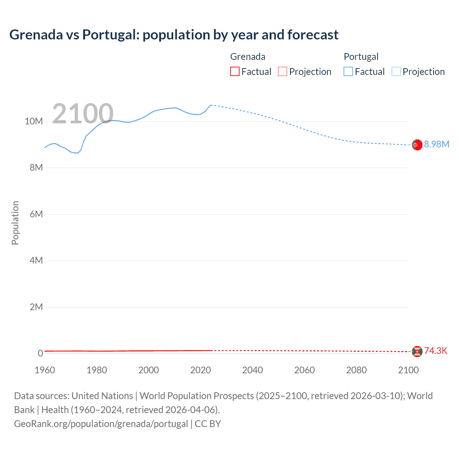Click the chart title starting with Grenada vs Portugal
(174, 35)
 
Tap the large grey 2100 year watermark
(83, 114)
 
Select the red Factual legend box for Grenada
(235, 71)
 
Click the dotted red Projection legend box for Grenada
(283, 71)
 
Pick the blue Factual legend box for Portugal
(348, 71)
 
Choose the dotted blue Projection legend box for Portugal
(396, 71)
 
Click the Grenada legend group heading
(248, 57)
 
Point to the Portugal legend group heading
(361, 57)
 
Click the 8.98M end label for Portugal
(436, 144)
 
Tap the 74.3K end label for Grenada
(436, 351)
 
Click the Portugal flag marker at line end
(417, 145)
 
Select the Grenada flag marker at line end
(417, 351)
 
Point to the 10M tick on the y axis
(34, 121)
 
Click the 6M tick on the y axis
(36, 214)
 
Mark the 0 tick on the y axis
(40, 353)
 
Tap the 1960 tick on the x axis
(45, 370)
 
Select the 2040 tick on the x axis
(252, 370)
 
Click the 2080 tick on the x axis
(356, 370)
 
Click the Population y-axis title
(15, 223)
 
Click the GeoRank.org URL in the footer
(101, 424)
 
